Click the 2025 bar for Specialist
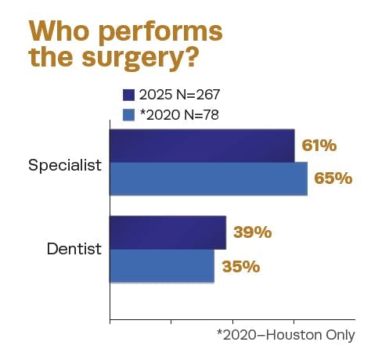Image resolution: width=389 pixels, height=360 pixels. (202, 146)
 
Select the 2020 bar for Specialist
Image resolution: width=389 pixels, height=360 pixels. (208, 179)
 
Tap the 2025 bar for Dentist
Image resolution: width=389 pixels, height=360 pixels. (167, 233)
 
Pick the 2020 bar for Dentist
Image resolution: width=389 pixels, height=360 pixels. (161, 266)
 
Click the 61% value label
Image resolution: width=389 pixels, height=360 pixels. (319, 146)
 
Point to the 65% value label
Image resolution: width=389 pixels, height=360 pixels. (333, 178)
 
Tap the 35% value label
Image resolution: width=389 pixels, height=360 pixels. (240, 266)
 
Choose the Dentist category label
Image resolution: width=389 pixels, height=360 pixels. (74, 250)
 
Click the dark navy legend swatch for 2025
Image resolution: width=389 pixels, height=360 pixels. (130, 95)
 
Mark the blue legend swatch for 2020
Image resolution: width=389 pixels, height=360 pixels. (130, 114)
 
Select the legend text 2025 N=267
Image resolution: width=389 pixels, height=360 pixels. (179, 95)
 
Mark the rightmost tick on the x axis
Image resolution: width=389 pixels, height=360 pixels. (355, 321)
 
